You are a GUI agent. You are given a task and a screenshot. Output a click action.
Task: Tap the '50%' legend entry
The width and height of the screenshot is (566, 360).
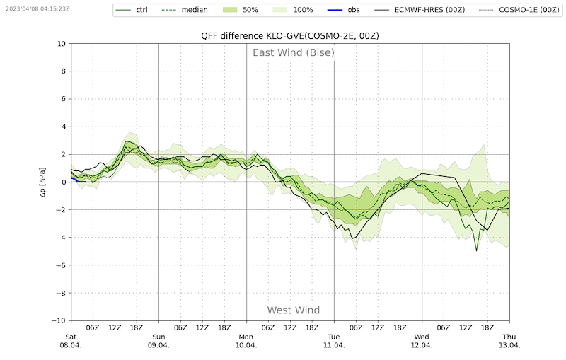tap(248, 10)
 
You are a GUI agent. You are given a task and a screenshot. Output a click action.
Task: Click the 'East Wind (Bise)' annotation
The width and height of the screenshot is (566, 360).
tap(294, 52)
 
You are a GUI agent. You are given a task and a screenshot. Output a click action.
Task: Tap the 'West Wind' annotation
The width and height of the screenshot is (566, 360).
tap(293, 310)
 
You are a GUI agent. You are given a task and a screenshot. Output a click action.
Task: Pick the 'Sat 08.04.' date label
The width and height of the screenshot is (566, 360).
tap(71, 341)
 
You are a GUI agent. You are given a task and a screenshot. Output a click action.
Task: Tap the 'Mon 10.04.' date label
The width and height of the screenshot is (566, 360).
tap(246, 341)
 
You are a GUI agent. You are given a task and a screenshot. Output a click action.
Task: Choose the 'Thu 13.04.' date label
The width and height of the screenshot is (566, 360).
tap(509, 341)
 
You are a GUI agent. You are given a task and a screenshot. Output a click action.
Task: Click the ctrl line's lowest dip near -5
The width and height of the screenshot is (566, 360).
tap(476, 250)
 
